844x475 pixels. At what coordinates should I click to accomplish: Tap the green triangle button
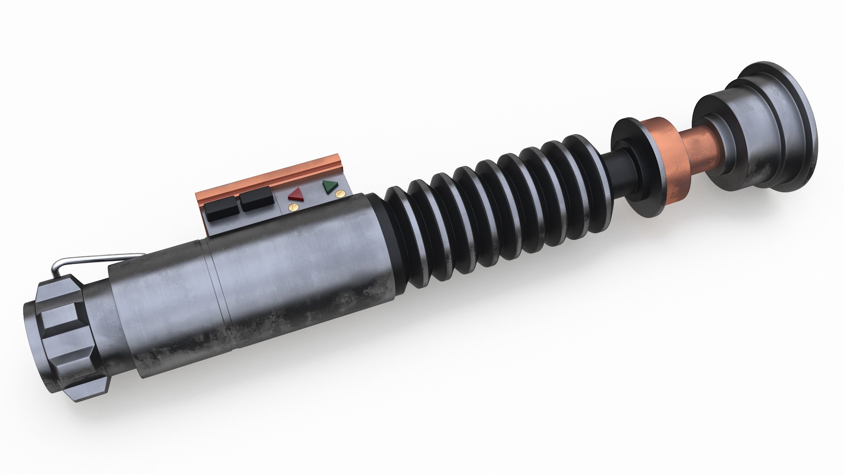click(x=328, y=186)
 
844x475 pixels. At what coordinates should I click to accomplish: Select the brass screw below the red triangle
click(x=291, y=206)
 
